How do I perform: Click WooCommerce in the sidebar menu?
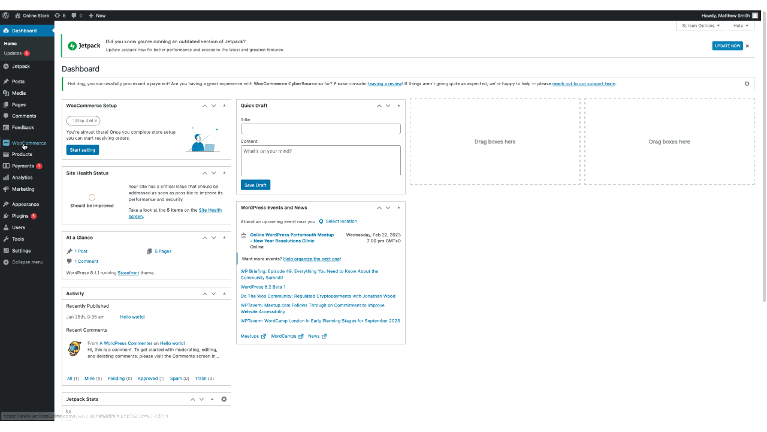(29, 143)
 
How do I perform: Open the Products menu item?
(22, 154)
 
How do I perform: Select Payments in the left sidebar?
(23, 166)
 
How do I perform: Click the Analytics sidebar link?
(22, 178)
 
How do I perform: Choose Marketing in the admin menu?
(23, 189)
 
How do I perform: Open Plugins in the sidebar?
(20, 216)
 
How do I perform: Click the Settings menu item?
(21, 251)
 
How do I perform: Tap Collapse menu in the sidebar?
(27, 262)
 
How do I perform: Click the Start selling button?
(83, 150)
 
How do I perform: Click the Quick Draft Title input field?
(321, 129)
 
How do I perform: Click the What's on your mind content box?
(321, 160)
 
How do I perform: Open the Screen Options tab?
(700, 26)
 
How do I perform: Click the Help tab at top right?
(740, 26)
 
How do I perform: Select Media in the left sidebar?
(19, 93)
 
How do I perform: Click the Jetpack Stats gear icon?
(224, 399)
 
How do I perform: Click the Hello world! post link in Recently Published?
(132, 317)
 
